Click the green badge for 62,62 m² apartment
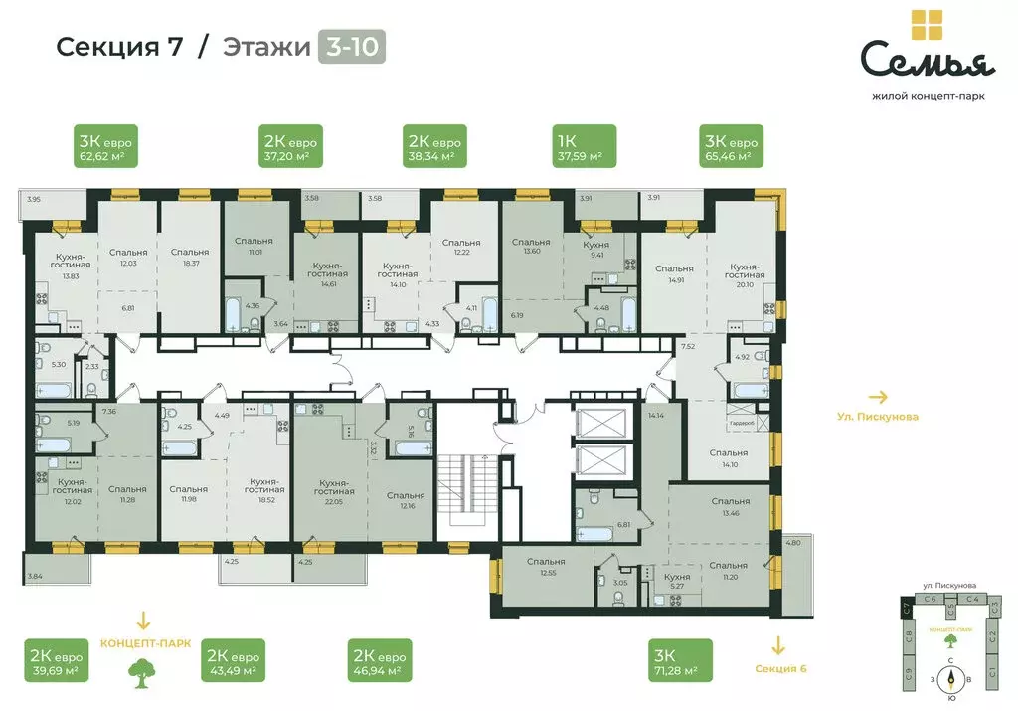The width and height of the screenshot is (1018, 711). (105, 145)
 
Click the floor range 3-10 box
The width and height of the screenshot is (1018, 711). (351, 47)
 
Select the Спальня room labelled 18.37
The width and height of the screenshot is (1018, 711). (188, 259)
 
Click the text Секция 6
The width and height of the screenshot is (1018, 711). (780, 668)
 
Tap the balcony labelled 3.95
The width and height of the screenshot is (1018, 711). (35, 206)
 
